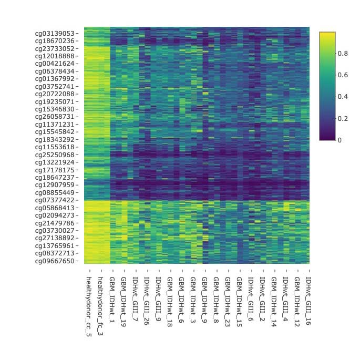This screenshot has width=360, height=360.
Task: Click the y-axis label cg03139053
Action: (55, 33)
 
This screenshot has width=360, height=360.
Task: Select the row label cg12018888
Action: (55, 56)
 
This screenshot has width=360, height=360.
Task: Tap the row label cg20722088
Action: (55, 94)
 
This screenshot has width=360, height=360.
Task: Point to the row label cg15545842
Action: (55, 131)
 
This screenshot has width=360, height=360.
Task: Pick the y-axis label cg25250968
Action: (55, 155)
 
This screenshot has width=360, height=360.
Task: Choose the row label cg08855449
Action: (55, 192)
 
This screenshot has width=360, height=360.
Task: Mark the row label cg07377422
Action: (55, 200)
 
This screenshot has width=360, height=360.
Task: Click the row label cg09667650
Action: (55, 261)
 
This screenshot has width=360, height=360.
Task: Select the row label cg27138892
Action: (55, 238)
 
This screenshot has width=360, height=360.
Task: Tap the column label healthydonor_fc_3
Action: (100, 305)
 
